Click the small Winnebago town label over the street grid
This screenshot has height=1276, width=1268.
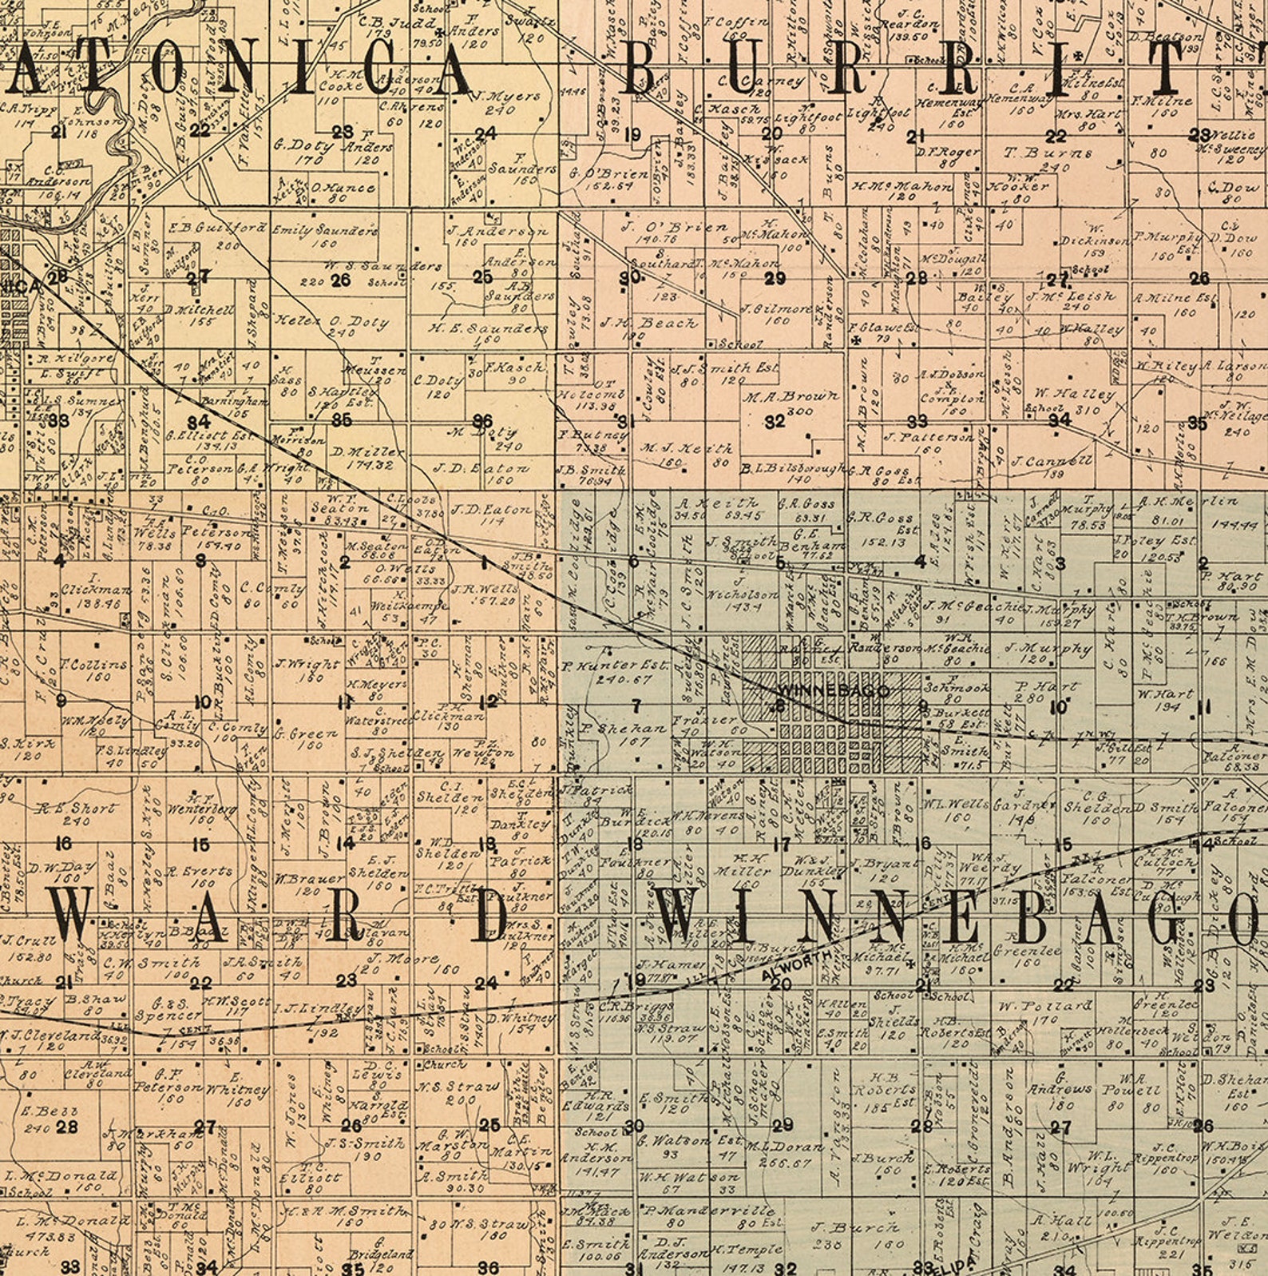(833, 690)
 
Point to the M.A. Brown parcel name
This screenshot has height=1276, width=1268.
(791, 396)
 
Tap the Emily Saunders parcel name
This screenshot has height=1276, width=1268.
(324, 230)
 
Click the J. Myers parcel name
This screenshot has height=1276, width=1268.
(505, 97)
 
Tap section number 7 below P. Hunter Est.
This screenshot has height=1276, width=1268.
(636, 706)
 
